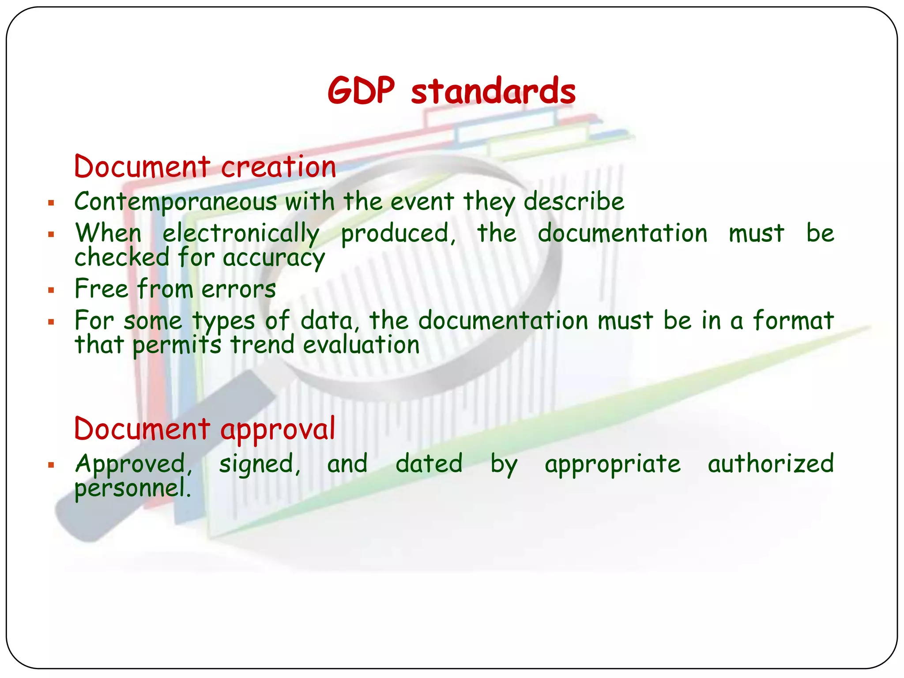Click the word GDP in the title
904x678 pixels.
(361, 91)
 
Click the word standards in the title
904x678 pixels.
(493, 91)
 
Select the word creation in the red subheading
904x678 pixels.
(279, 167)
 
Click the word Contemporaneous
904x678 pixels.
(176, 202)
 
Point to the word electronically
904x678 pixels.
(241, 234)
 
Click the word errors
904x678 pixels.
(239, 289)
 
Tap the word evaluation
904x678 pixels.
(361, 344)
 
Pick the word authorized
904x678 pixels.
(771, 463)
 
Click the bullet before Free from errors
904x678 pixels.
(51, 290)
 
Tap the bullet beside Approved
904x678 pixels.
(51, 465)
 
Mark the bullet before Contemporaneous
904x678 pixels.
(51, 203)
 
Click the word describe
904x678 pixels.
(574, 202)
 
